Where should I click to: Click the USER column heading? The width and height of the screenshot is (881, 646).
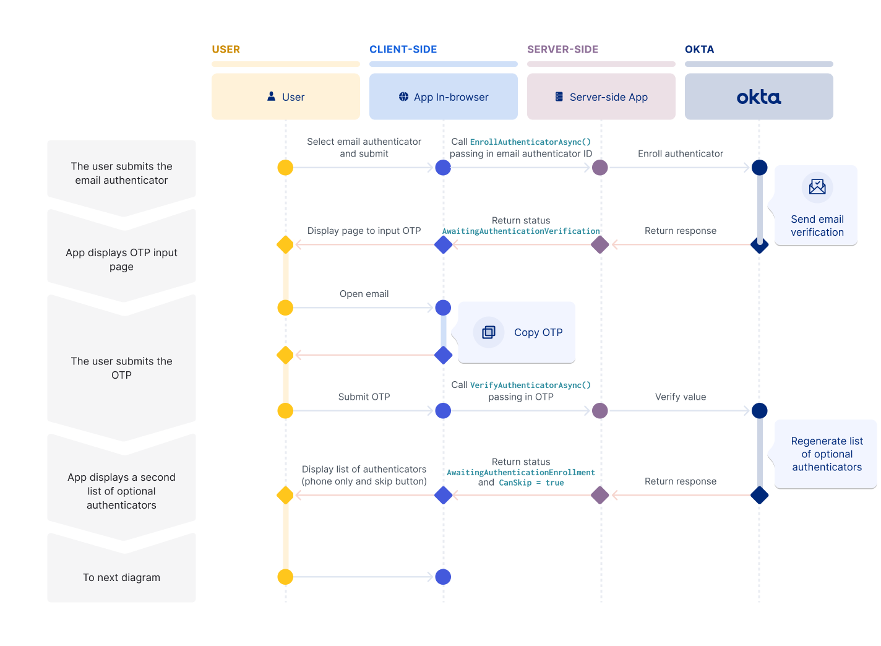coord(226,50)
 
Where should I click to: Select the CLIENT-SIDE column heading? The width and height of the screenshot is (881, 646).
coord(403,50)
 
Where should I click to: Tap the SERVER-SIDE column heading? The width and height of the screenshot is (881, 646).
coord(562,50)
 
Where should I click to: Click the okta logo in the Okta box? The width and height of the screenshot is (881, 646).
coord(759,97)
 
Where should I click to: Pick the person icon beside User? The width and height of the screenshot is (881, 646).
coord(271,97)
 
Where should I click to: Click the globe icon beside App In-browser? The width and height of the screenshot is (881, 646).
coord(403,97)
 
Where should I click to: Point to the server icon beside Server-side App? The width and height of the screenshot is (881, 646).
coord(559,97)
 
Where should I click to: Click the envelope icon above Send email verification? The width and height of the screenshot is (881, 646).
coord(817,187)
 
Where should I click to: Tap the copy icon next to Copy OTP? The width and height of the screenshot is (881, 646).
coord(489,332)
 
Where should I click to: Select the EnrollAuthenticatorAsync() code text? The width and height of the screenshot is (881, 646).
coord(530,142)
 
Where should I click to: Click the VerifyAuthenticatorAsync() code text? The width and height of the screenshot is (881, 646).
coord(530,385)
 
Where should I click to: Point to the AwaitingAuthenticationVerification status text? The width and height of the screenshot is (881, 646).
coord(521,231)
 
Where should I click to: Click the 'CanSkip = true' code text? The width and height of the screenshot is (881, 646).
coord(531,483)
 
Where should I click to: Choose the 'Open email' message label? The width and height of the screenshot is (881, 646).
coord(364,294)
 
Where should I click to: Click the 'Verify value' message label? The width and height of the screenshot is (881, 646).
coord(680,397)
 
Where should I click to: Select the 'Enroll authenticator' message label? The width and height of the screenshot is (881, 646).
coord(680,153)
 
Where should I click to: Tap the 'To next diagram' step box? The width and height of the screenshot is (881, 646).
coord(121,577)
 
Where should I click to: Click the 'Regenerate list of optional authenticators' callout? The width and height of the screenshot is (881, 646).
coord(827,454)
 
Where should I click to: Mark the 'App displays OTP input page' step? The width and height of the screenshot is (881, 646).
coord(121,259)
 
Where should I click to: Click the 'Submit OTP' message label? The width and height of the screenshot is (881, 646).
coord(364,397)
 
